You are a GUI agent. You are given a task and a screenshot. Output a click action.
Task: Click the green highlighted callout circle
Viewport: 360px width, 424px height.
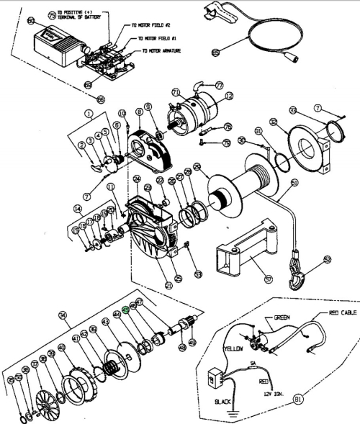(x=125, y=311)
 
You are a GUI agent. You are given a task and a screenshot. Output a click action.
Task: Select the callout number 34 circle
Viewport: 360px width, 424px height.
(x=63, y=315)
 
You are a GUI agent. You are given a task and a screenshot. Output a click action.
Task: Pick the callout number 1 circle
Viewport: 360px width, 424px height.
(x=89, y=113)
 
